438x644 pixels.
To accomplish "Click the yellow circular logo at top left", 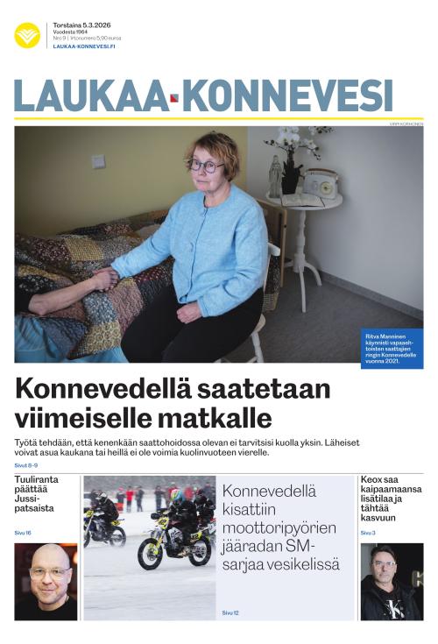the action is (27, 35).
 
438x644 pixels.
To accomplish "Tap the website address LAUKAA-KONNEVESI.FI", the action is (84, 46).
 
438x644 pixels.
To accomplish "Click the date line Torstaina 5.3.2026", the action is (81, 25).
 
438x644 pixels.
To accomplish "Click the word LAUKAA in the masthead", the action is (88, 96).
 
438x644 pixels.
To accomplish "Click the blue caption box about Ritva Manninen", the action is (392, 348).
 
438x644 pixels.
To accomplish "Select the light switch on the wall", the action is (99, 161).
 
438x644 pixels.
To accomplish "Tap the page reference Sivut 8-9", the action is (26, 465).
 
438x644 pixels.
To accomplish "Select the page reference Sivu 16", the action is (23, 533).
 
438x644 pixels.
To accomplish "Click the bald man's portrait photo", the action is (46, 581).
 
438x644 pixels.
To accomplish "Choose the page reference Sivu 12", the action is (230, 612).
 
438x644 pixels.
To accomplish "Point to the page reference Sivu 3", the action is (368, 533).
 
